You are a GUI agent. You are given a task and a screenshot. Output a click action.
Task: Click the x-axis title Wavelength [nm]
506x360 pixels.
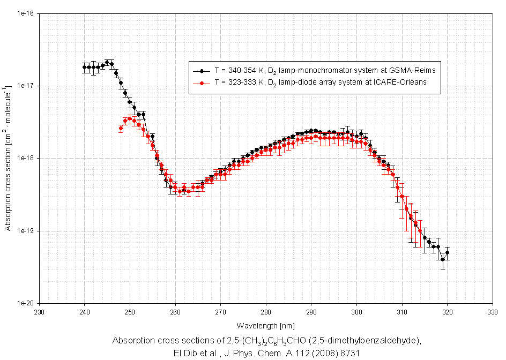[266, 325]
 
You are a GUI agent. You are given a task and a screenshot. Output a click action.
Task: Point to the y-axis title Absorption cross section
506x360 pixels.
[8, 159]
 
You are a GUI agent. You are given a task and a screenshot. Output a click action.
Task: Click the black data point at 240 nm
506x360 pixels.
[85, 67]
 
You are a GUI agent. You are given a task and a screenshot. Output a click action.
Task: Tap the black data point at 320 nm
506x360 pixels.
[448, 252]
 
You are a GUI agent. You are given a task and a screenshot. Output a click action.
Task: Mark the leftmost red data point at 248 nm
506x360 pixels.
[121, 128]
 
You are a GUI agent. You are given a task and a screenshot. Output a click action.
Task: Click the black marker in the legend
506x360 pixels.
[202, 70]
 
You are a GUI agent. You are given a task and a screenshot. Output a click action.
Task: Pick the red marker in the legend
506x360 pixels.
[202, 83]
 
